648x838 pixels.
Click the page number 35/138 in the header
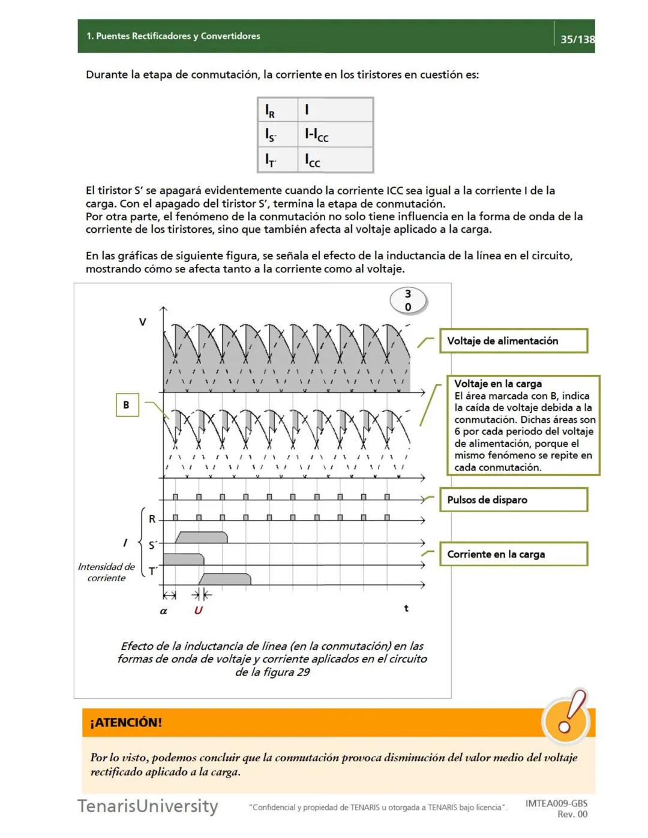click(577, 40)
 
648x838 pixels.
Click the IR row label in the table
click(271, 110)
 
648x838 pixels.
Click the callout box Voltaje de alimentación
click(513, 341)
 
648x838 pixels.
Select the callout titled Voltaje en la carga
click(522, 425)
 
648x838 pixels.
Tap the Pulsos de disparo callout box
click(513, 500)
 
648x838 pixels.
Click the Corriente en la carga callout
click(513, 554)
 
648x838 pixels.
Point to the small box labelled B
click(127, 405)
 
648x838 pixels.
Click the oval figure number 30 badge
click(408, 301)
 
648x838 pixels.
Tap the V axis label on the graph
click(143, 322)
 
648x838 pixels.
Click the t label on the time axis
click(406, 608)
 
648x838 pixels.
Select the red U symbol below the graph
click(198, 610)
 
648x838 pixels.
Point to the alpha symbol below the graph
click(163, 611)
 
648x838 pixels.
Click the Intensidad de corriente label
click(106, 572)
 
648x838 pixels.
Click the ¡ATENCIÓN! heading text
click(126, 723)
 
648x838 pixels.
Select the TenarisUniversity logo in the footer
click(148, 806)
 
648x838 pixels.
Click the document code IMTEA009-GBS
click(556, 803)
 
